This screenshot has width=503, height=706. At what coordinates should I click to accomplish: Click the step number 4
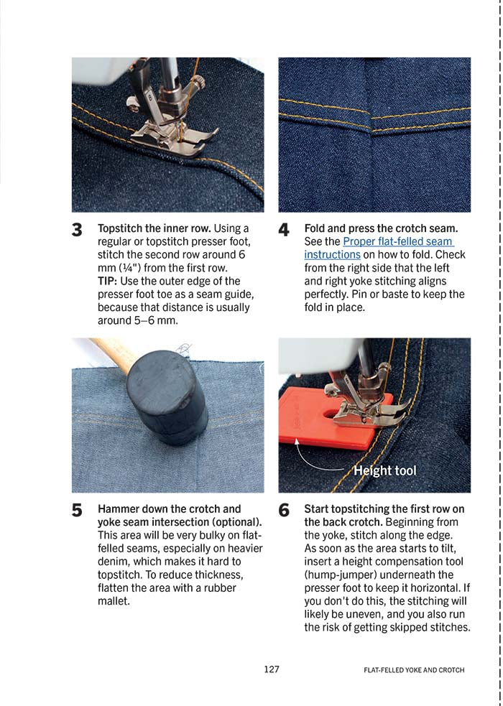(284, 231)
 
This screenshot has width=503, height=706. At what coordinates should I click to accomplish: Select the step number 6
(284, 511)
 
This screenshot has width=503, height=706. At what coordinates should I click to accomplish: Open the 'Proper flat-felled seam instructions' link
(379, 248)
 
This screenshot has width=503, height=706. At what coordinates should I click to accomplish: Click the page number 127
(271, 669)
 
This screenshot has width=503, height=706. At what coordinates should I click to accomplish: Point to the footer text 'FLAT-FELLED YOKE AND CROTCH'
(414, 670)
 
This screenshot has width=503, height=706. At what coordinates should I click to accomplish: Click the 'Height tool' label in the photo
(385, 471)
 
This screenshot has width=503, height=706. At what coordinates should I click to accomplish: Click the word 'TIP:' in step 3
(109, 281)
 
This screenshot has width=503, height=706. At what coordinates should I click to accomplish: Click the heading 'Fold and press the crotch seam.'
(381, 228)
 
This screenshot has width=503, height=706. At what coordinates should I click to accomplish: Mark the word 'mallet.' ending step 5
(114, 601)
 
